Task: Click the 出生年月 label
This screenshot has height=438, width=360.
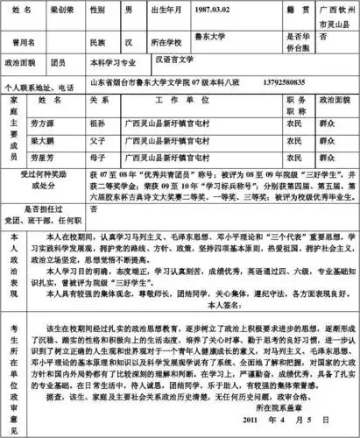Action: pyautogui.click(x=184, y=10)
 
